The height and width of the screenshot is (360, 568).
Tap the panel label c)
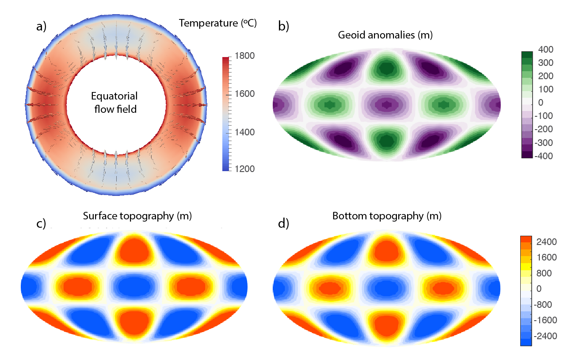pos(41,224)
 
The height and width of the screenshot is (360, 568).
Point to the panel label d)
pos(283,224)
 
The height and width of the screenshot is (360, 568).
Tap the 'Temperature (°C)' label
pos(218,23)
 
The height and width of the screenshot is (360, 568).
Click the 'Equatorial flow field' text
pos(114,102)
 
